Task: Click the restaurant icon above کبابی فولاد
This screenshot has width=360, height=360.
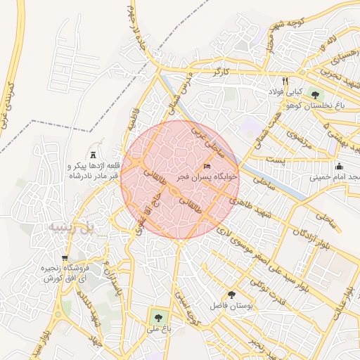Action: point(285,81)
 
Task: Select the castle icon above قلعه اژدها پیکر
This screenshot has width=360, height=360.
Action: point(94,154)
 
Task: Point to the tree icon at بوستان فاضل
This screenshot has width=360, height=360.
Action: point(232,295)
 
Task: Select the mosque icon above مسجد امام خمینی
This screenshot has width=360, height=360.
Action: point(339,167)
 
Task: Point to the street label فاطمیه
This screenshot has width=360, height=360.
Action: point(134,115)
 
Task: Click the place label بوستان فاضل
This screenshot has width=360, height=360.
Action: point(231,307)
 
